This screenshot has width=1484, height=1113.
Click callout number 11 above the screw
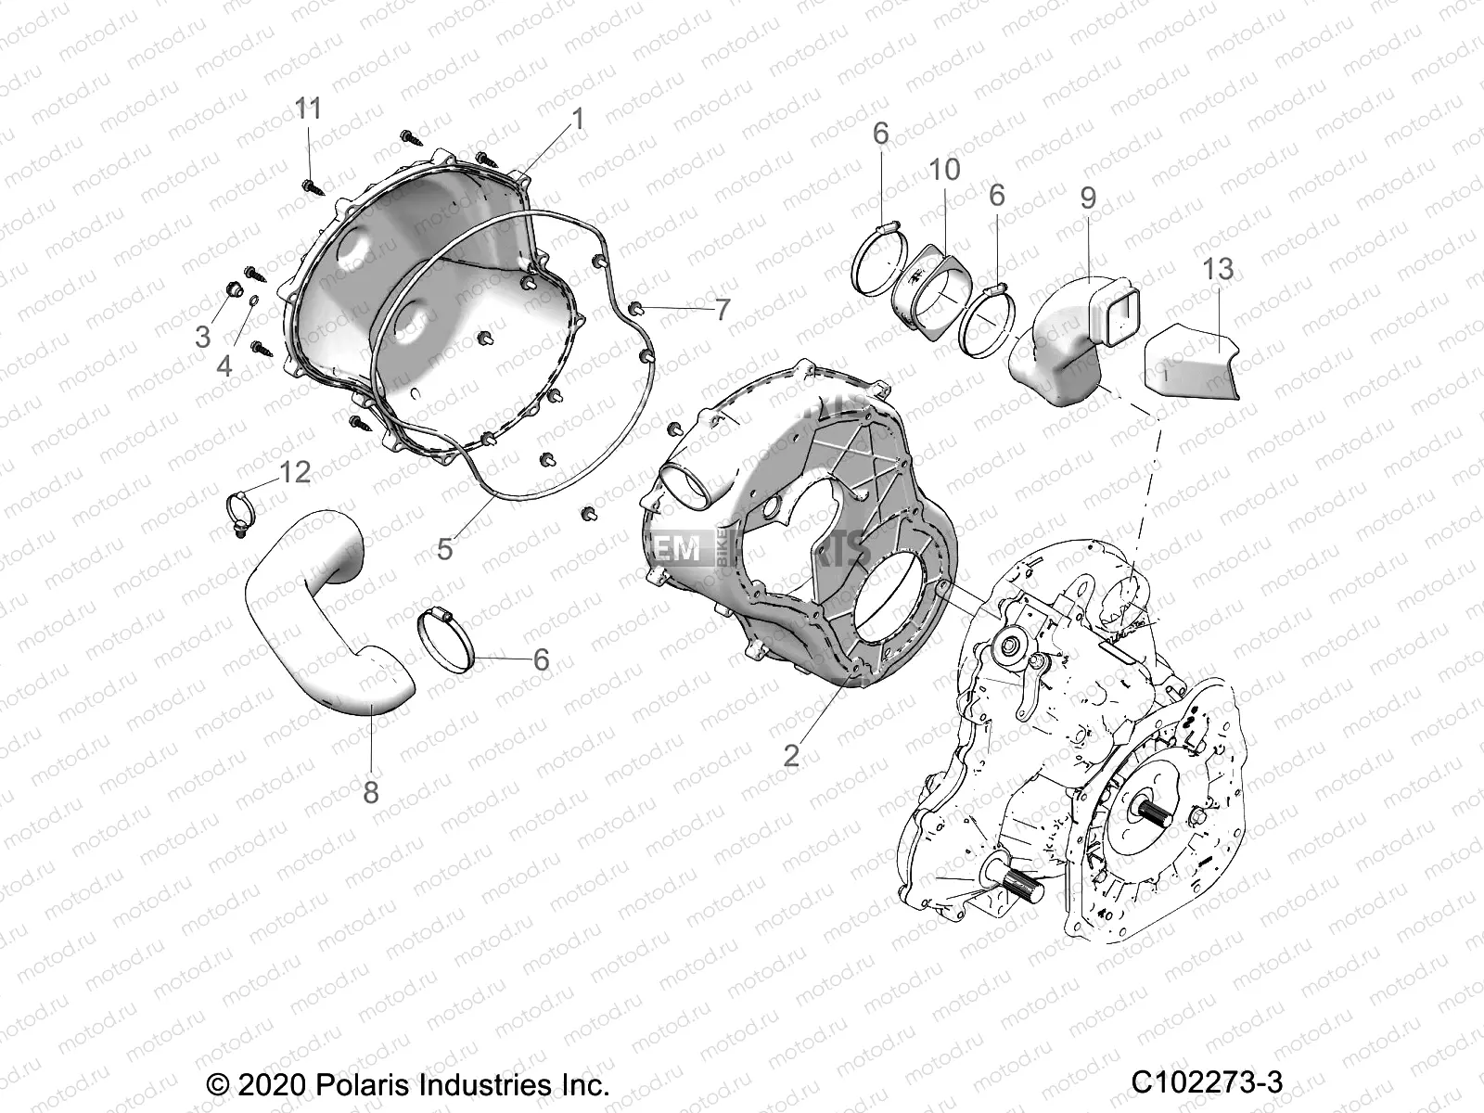coord(308,109)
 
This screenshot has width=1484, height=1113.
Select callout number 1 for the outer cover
coord(578,119)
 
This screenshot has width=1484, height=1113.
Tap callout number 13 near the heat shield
coord(1218,269)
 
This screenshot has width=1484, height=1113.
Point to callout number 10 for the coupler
coord(946,170)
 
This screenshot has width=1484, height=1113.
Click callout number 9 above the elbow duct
coord(1088,198)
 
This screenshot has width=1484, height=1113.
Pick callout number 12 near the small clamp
coord(295,472)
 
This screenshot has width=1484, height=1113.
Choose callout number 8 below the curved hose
coord(371,794)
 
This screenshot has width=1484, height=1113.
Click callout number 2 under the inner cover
coord(790,754)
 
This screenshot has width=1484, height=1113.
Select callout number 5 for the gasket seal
coord(445,548)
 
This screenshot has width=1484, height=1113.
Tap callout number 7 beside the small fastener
coord(722,310)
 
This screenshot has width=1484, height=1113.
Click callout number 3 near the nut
coord(203,336)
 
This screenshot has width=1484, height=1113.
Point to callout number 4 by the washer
coord(224,365)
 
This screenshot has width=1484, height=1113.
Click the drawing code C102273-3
coord(1207,1082)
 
